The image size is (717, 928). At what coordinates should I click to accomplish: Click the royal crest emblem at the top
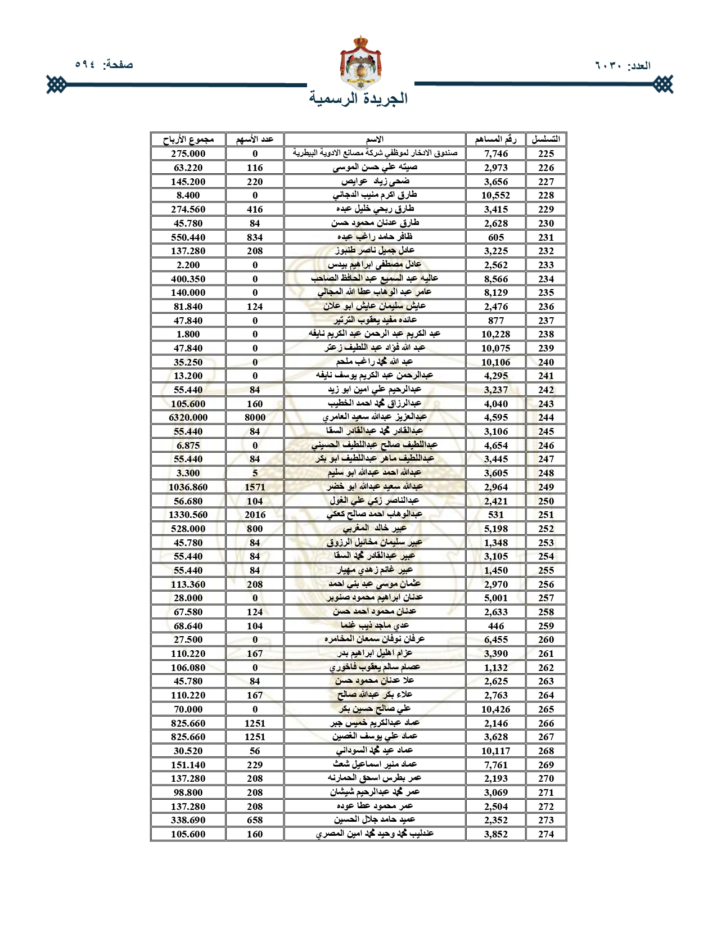pyautogui.click(x=360, y=61)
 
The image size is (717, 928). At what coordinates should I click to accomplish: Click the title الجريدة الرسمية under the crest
pyautogui.click(x=358, y=98)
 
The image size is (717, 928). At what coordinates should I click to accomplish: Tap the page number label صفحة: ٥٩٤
pyautogui.click(x=104, y=65)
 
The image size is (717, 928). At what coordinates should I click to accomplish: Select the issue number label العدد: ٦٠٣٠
pyautogui.click(x=623, y=66)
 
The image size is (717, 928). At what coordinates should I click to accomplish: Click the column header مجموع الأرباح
pyautogui.click(x=188, y=139)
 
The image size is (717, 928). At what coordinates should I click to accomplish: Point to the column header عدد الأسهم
pyautogui.click(x=255, y=139)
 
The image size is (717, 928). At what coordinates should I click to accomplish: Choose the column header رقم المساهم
pyautogui.click(x=495, y=139)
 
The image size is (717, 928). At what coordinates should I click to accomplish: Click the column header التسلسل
pyautogui.click(x=545, y=139)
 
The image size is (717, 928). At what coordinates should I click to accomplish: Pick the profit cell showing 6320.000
pyautogui.click(x=188, y=417)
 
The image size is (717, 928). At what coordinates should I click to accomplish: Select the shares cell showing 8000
pyautogui.click(x=255, y=417)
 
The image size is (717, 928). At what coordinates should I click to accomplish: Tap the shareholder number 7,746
pyautogui.click(x=495, y=154)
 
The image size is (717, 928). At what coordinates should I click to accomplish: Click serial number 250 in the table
pyautogui.click(x=545, y=501)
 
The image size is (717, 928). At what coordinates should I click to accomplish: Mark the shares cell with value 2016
pyautogui.click(x=255, y=515)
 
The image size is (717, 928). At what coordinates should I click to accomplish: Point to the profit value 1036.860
pyautogui.click(x=188, y=487)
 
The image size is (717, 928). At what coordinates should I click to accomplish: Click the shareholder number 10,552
pyautogui.click(x=495, y=195)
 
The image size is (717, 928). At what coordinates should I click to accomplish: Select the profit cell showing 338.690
pyautogui.click(x=188, y=821)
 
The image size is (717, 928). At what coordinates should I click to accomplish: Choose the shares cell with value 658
pyautogui.click(x=255, y=821)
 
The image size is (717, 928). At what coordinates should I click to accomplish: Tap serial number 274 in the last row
pyautogui.click(x=545, y=835)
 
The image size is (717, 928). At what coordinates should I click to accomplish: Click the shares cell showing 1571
pyautogui.click(x=255, y=487)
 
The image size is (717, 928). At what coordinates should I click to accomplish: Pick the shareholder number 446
pyautogui.click(x=495, y=626)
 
